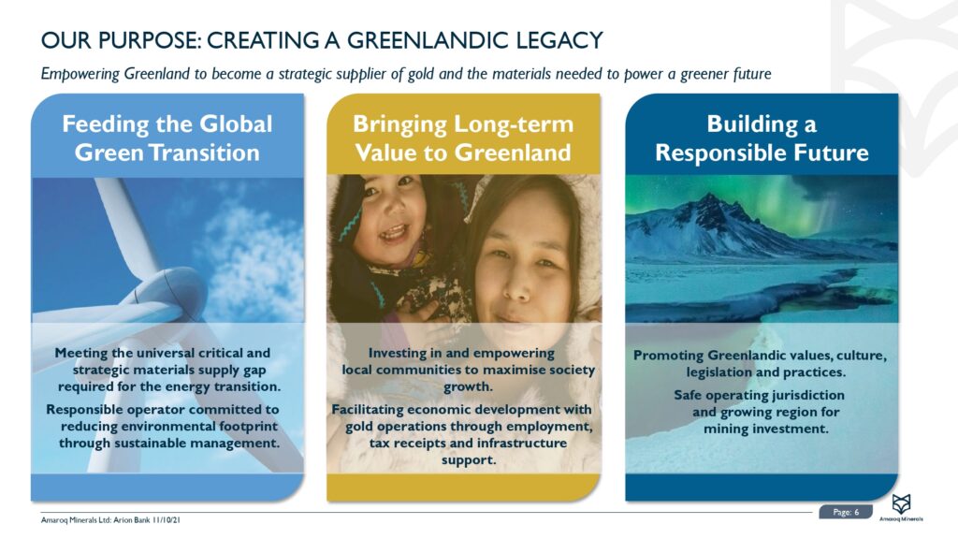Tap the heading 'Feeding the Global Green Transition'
pos(167,138)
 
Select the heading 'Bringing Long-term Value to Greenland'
pos(462,138)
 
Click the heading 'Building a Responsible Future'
pos(761,138)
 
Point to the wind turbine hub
pos(177,291)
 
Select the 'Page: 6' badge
pos(846,512)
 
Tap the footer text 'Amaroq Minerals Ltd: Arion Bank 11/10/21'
pos(110,520)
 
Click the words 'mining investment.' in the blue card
pos(766,429)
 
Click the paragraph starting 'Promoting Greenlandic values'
pos(760,364)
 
